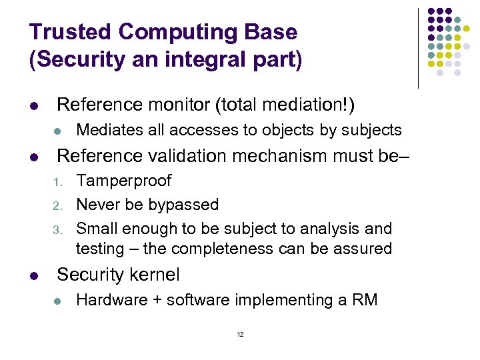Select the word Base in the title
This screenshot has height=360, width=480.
coord(271,31)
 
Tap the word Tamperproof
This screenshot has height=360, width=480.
coord(123,181)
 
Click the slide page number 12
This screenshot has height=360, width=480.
coord(240,334)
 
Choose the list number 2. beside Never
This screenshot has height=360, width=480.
coord(58,205)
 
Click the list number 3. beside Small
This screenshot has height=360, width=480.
coord(58,229)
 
